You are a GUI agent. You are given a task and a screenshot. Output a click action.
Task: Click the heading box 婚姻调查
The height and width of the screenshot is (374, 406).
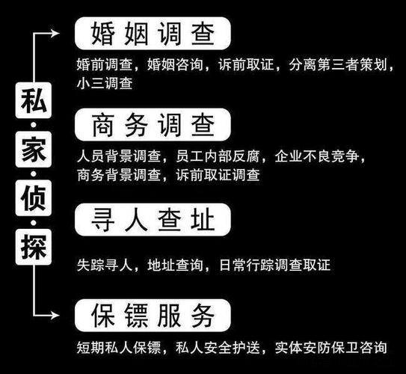(x=153, y=34)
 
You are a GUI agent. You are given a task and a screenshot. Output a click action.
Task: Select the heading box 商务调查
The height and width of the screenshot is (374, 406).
(x=153, y=124)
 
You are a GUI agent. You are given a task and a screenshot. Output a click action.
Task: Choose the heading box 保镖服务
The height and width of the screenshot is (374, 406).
(x=153, y=315)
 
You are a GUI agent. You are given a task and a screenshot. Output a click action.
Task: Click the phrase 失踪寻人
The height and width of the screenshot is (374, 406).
(x=104, y=265)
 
